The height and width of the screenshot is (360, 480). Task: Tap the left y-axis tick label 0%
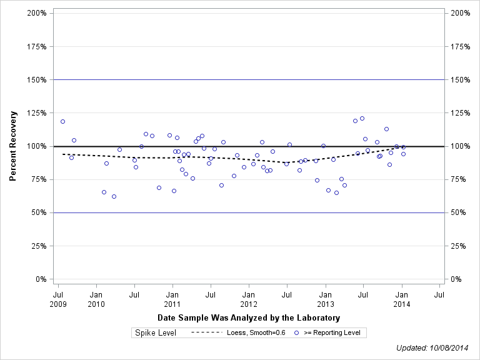pyautogui.click(x=41, y=279)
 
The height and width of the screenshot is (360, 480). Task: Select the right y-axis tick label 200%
pyautogui.click(x=459, y=13)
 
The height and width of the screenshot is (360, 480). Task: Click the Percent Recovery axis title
pyautogui.click(x=13, y=146)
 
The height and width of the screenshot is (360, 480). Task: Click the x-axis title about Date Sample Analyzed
pyautogui.click(x=249, y=318)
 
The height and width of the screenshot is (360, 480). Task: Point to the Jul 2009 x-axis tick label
pyautogui.click(x=58, y=299)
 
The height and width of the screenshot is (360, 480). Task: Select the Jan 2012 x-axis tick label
pyautogui.click(x=249, y=299)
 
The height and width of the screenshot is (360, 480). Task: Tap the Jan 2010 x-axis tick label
pyautogui.click(x=96, y=299)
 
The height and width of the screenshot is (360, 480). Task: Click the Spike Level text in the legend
pyautogui.click(x=156, y=333)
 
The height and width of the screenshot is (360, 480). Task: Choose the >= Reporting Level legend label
pyautogui.click(x=332, y=333)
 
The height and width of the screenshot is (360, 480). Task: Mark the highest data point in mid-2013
pyautogui.click(x=362, y=118)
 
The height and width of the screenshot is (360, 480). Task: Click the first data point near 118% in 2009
pyautogui.click(x=62, y=121)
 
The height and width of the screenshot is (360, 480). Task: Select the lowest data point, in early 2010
pyautogui.click(x=114, y=196)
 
